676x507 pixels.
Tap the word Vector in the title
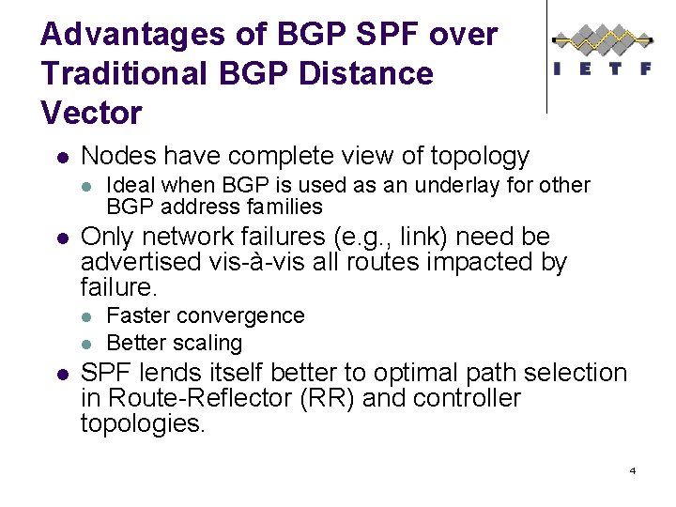pyautogui.click(x=91, y=112)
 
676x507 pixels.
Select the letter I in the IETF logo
pyautogui.click(x=558, y=69)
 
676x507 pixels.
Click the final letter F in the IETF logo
pyautogui.click(x=645, y=69)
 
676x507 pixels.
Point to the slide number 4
pyautogui.click(x=633, y=469)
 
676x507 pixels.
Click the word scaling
pyautogui.click(x=207, y=343)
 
